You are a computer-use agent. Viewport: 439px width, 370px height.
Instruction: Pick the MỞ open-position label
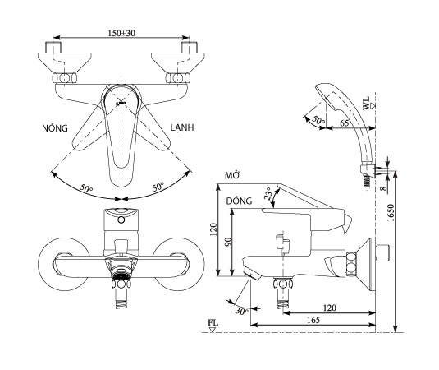pos(231,177)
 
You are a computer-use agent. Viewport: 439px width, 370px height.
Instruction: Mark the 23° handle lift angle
pos(267,196)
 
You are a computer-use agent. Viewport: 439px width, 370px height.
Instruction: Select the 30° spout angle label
pos(241,310)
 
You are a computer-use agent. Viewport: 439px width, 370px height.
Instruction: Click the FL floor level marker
pos(212,326)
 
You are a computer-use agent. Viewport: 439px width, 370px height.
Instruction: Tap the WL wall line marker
pos(371,101)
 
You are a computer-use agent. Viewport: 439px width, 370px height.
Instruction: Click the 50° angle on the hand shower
pos(317,120)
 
